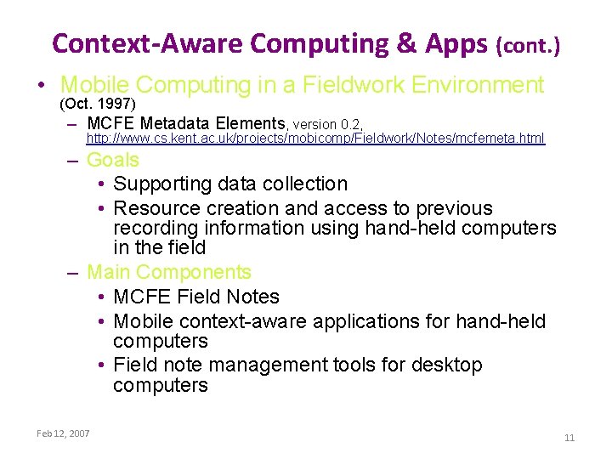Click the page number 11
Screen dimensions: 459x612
pos(569,438)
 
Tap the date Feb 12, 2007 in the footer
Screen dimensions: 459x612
pos(63,433)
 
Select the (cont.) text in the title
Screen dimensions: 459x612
pos(528,45)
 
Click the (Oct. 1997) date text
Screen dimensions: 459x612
pos(97,104)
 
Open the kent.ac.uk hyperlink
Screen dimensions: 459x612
pos(315,138)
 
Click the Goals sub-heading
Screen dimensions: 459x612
pos(113,160)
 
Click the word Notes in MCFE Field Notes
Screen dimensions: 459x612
pos(251,297)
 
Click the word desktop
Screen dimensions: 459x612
pos(450,365)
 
